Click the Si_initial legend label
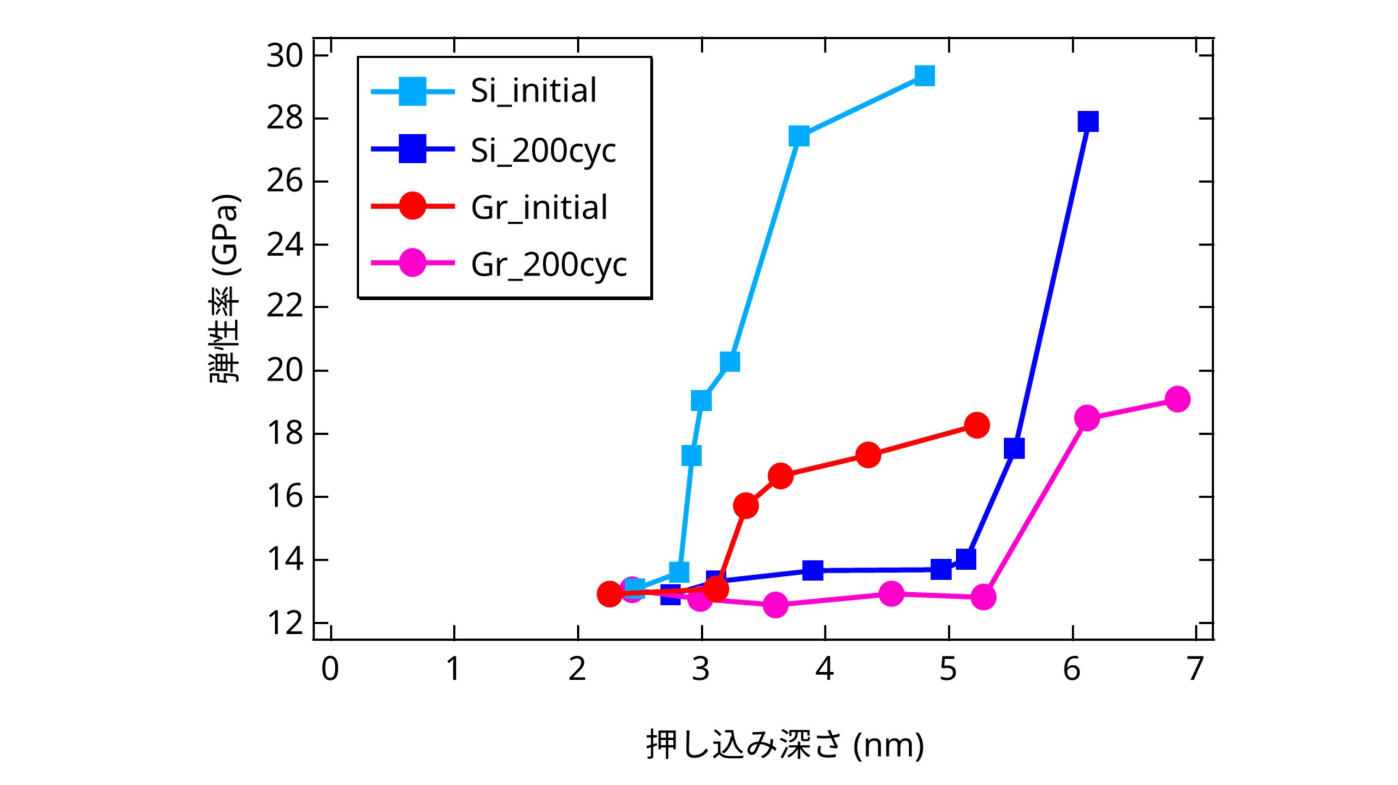pos(533,91)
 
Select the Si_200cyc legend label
pos(543,150)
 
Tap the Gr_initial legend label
pos(538,208)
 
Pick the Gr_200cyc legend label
pos(548,265)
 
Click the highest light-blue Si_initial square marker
pos(924,75)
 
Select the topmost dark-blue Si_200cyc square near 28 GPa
pos(1088,121)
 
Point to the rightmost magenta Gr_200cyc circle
pos(1177,399)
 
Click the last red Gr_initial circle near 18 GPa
pos(977,425)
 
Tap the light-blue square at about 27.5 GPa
pos(799,135)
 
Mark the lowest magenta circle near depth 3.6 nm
pos(775,605)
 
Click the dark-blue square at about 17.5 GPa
pos(1014,448)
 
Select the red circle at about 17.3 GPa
pos(868,455)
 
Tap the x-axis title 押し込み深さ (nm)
pos(785,745)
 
